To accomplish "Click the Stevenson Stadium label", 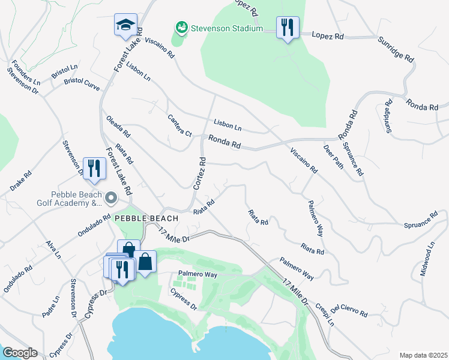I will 227,28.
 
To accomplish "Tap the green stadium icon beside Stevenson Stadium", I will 181,28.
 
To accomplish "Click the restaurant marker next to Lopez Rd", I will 288,28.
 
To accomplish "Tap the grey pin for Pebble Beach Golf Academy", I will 110,197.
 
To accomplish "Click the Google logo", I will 20,353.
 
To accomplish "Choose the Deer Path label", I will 333,157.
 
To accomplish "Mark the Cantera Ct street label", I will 179,125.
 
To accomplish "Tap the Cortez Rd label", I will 200,173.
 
